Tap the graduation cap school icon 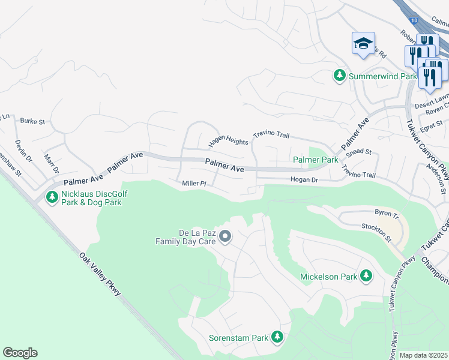(x=363, y=43)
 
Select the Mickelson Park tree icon (x=366, y=276)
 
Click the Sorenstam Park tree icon (x=277, y=337)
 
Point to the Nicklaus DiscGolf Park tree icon (x=53, y=197)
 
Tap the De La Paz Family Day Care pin (x=225, y=236)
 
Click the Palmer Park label (x=315, y=160)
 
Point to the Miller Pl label (x=194, y=183)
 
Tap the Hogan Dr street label (x=304, y=179)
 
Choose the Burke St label (x=33, y=121)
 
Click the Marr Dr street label (x=50, y=163)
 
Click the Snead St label (x=360, y=153)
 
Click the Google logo (x=20, y=353)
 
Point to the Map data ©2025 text (x=423, y=355)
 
